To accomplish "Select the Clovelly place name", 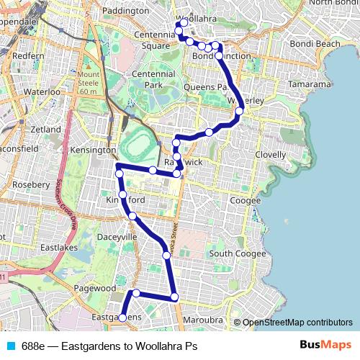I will pos(270,154).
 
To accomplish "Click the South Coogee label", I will pos(231,253).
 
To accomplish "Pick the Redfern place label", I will pos(28,55).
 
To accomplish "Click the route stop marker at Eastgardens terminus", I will pos(122,318).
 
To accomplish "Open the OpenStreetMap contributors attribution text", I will pos(297,322).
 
